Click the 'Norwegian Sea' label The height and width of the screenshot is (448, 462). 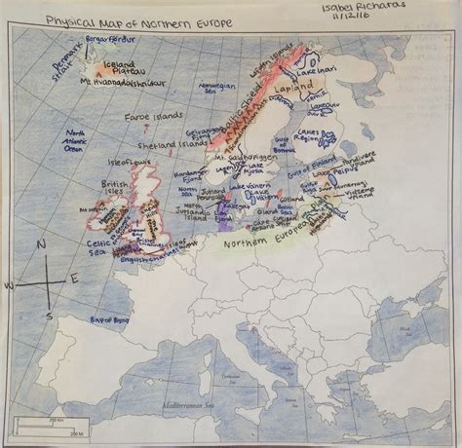[x=213, y=89]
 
